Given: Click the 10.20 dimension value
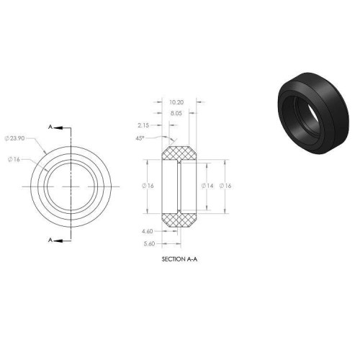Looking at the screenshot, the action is [176, 102].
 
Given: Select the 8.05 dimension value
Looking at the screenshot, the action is [176, 113].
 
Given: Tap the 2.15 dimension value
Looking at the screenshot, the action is [143, 125].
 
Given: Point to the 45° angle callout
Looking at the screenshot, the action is [140, 138].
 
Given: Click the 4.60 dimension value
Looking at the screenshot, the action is [147, 231].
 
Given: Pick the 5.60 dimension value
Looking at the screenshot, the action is [149, 244].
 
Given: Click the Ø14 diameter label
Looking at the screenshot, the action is [207, 186].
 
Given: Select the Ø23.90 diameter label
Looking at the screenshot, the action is [14, 138].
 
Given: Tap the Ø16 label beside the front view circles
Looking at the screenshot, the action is [14, 159].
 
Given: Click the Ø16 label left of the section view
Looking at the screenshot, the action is [148, 186].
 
